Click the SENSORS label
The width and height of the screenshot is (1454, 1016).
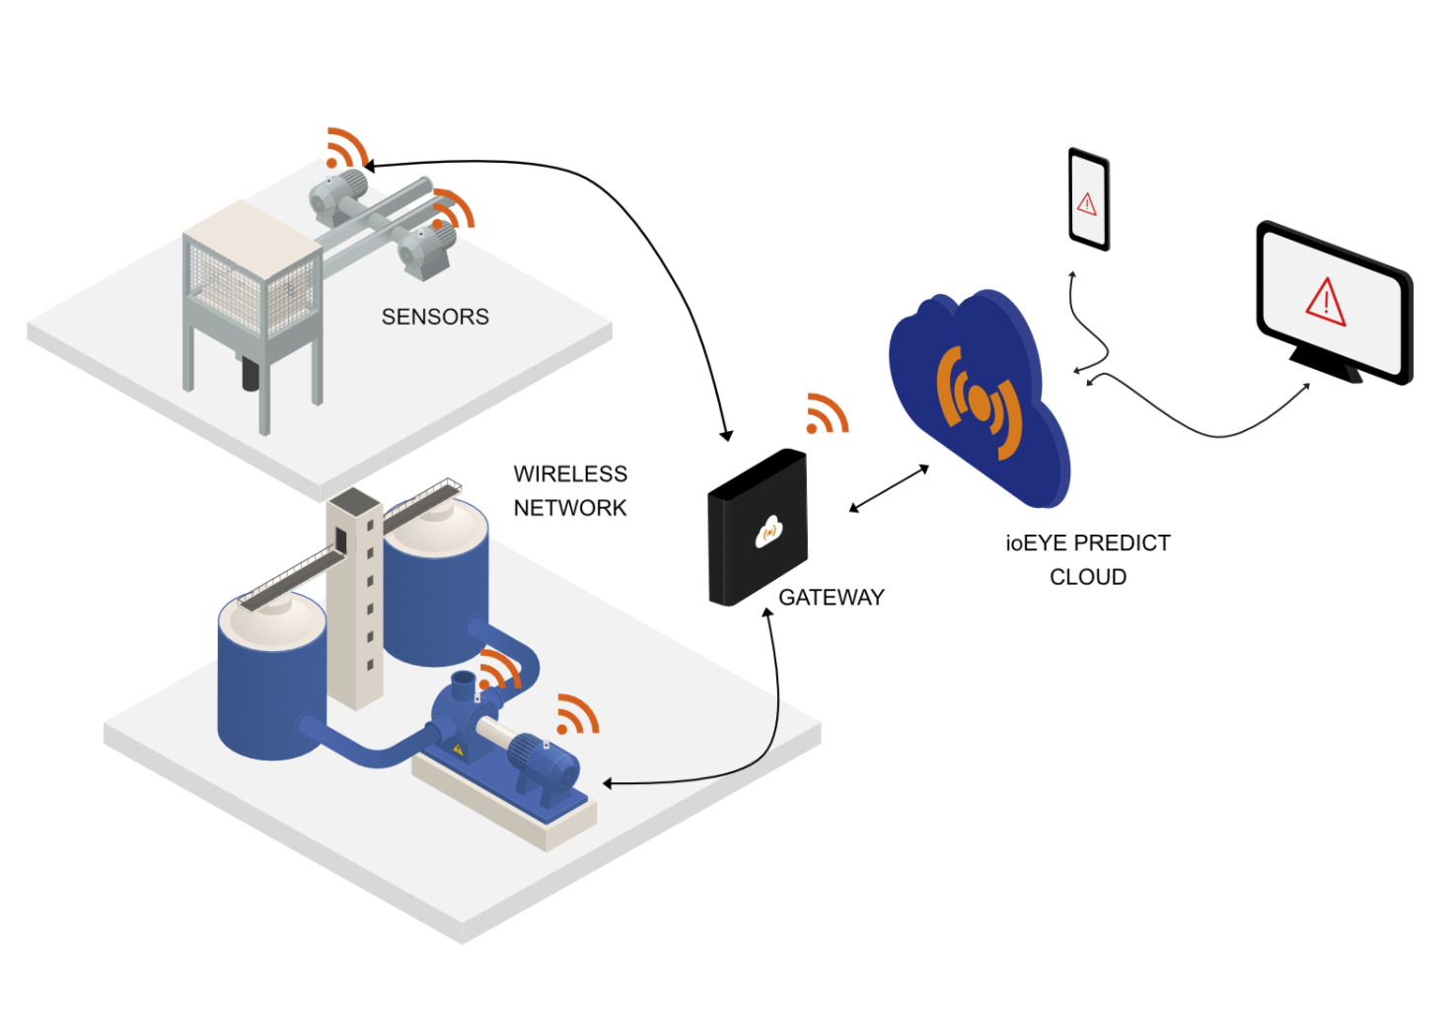tap(435, 317)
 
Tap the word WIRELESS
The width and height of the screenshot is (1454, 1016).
tap(570, 474)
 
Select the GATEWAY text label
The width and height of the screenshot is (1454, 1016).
tap(831, 597)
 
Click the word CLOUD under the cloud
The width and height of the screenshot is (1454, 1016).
tap(1087, 577)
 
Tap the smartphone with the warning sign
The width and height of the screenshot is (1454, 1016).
tap(1089, 199)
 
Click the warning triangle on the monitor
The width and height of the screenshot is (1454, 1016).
tap(1326, 300)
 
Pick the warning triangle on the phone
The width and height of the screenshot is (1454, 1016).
tap(1087, 204)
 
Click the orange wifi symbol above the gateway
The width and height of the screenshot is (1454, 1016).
tap(826, 413)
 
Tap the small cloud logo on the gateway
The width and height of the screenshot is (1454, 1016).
tap(768, 532)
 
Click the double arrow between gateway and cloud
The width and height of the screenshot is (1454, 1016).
tap(889, 489)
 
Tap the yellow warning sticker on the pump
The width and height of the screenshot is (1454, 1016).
tap(458, 750)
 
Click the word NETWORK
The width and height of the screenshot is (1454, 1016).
tap(570, 508)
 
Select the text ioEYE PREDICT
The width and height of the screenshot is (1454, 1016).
tap(1087, 544)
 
